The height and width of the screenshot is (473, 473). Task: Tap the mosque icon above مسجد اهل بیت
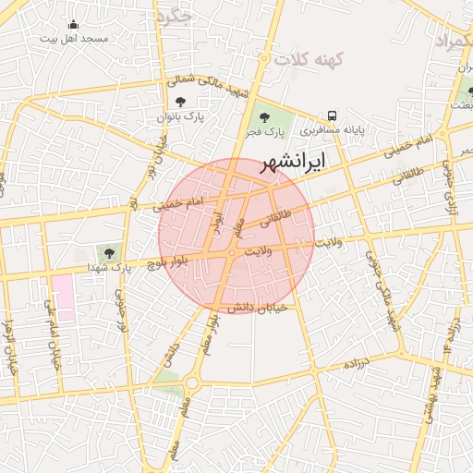click(x=74, y=25)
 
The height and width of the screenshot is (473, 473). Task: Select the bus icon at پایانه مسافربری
click(x=330, y=116)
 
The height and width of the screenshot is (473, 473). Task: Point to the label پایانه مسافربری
click(x=330, y=130)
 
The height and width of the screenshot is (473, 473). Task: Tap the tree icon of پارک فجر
click(x=265, y=117)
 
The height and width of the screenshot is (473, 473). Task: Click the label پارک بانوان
click(x=179, y=116)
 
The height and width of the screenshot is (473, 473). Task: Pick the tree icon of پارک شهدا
click(x=110, y=251)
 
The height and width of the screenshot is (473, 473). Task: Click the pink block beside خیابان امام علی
click(x=64, y=296)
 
